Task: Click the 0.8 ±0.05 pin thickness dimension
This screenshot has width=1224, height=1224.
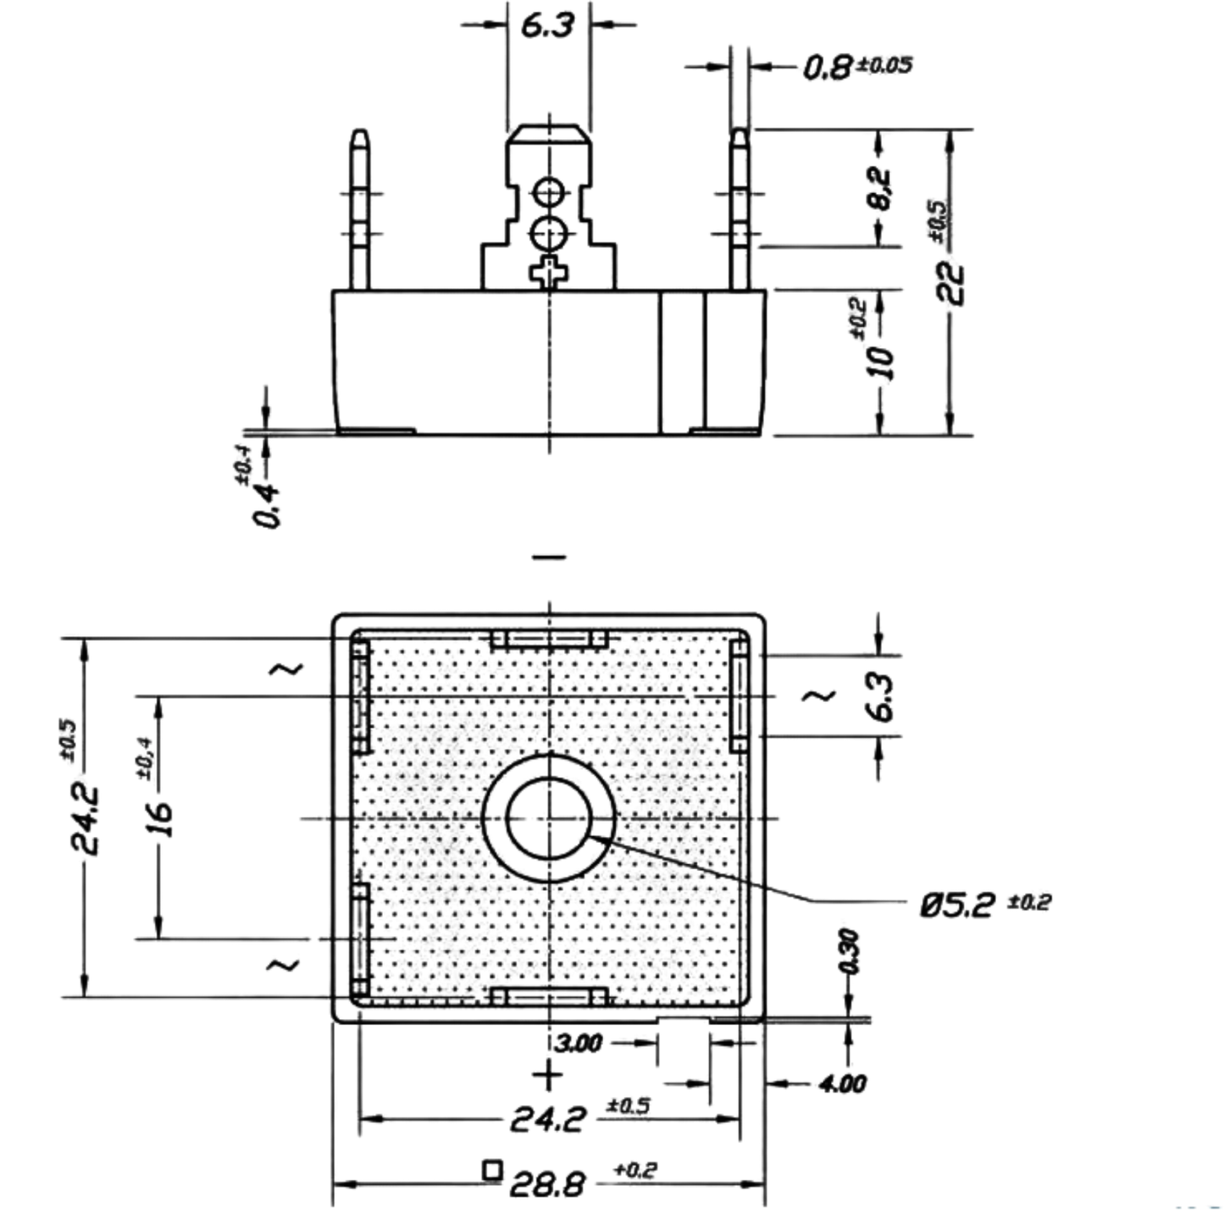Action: (857, 66)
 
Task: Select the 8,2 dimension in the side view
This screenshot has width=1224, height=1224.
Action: (880, 188)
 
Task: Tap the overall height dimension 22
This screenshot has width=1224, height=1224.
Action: (951, 283)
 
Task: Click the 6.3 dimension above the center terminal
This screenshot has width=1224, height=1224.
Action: (547, 25)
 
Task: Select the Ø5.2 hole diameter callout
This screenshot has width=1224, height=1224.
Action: (985, 903)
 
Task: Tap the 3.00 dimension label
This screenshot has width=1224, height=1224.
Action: (578, 1043)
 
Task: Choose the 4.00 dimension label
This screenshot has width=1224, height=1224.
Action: (842, 1083)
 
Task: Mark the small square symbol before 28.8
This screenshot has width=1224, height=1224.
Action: (492, 1170)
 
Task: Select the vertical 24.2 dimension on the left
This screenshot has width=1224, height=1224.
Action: (85, 820)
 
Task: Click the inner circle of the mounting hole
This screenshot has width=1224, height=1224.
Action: (549, 776)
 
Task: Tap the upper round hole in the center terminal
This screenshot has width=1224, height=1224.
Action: (549, 191)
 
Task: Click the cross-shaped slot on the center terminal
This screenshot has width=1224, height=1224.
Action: (549, 273)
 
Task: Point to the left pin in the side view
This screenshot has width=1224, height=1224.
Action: (359, 209)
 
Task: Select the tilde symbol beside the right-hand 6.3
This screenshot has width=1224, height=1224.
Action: (818, 696)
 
